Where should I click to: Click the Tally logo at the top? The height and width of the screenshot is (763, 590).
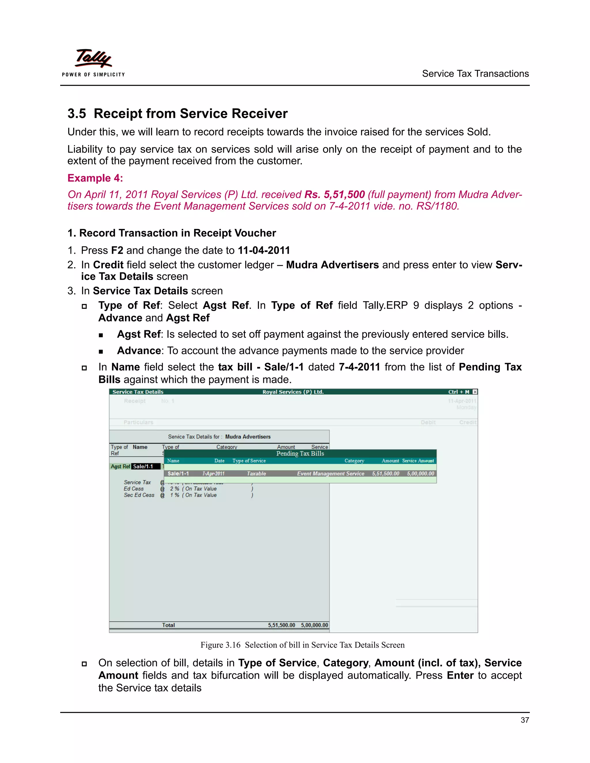93,59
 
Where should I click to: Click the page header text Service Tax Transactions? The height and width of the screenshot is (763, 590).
475,74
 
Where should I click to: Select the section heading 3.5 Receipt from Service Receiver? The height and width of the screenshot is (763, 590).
177,113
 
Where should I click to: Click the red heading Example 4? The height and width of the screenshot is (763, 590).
95,178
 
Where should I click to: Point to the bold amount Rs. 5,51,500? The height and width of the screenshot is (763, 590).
334,195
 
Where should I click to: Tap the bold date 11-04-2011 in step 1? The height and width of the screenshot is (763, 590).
264,250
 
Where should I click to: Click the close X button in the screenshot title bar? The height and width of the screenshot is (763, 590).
475,392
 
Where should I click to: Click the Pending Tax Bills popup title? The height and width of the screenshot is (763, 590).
300,453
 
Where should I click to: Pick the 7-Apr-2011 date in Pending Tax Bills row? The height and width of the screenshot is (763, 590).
213,474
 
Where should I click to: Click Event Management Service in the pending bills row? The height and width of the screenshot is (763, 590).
330,474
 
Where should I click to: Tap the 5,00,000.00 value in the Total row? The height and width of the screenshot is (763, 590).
314,625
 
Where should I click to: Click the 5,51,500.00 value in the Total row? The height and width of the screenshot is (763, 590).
281,625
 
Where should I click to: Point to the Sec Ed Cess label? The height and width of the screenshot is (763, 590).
139,495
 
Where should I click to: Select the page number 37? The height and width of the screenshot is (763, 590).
524,720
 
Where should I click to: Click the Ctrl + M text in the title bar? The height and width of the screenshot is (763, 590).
459,392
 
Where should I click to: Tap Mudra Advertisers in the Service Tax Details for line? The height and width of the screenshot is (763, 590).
248,437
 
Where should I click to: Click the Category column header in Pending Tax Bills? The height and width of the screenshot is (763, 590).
354,461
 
